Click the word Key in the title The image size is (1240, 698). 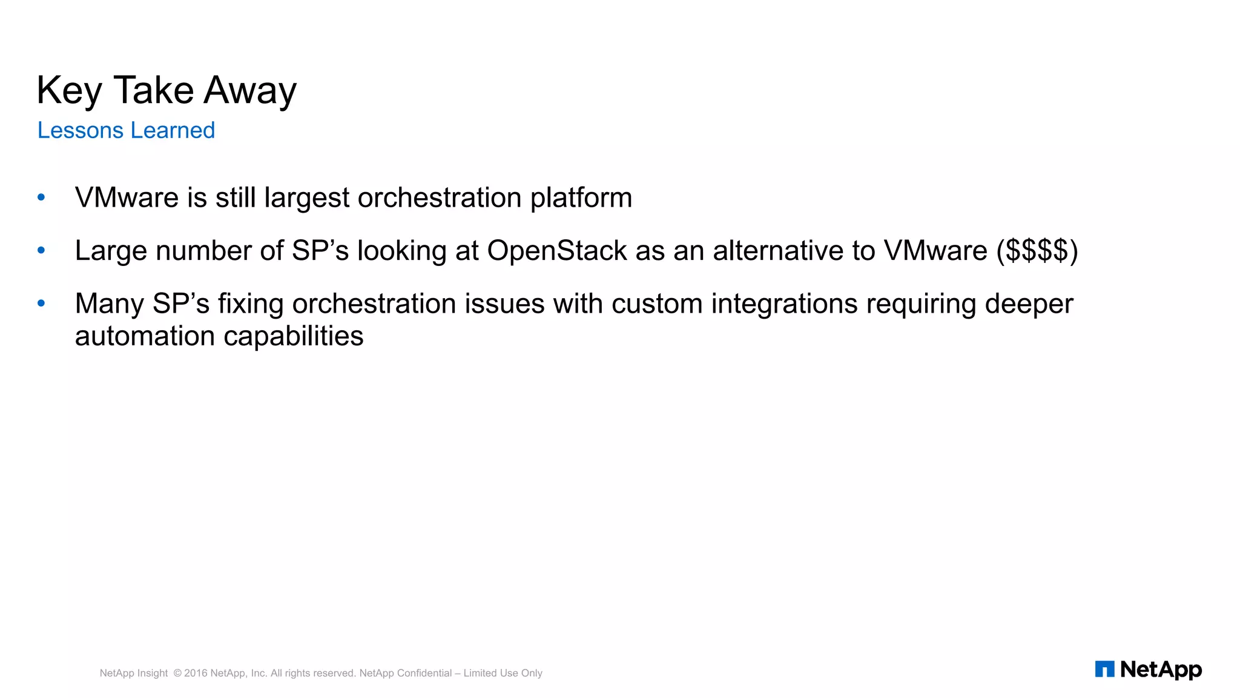click(69, 91)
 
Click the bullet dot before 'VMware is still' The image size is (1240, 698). click(41, 197)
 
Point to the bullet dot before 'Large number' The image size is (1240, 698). click(41, 250)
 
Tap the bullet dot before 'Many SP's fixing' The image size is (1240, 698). click(41, 303)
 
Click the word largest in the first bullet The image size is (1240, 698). click(307, 198)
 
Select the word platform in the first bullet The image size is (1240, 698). click(581, 198)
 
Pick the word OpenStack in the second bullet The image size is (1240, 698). click(556, 251)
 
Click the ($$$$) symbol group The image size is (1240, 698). click(1037, 251)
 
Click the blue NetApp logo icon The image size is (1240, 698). click(1104, 669)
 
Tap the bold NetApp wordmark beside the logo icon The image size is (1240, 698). click(1161, 670)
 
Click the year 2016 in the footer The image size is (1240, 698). click(196, 673)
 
